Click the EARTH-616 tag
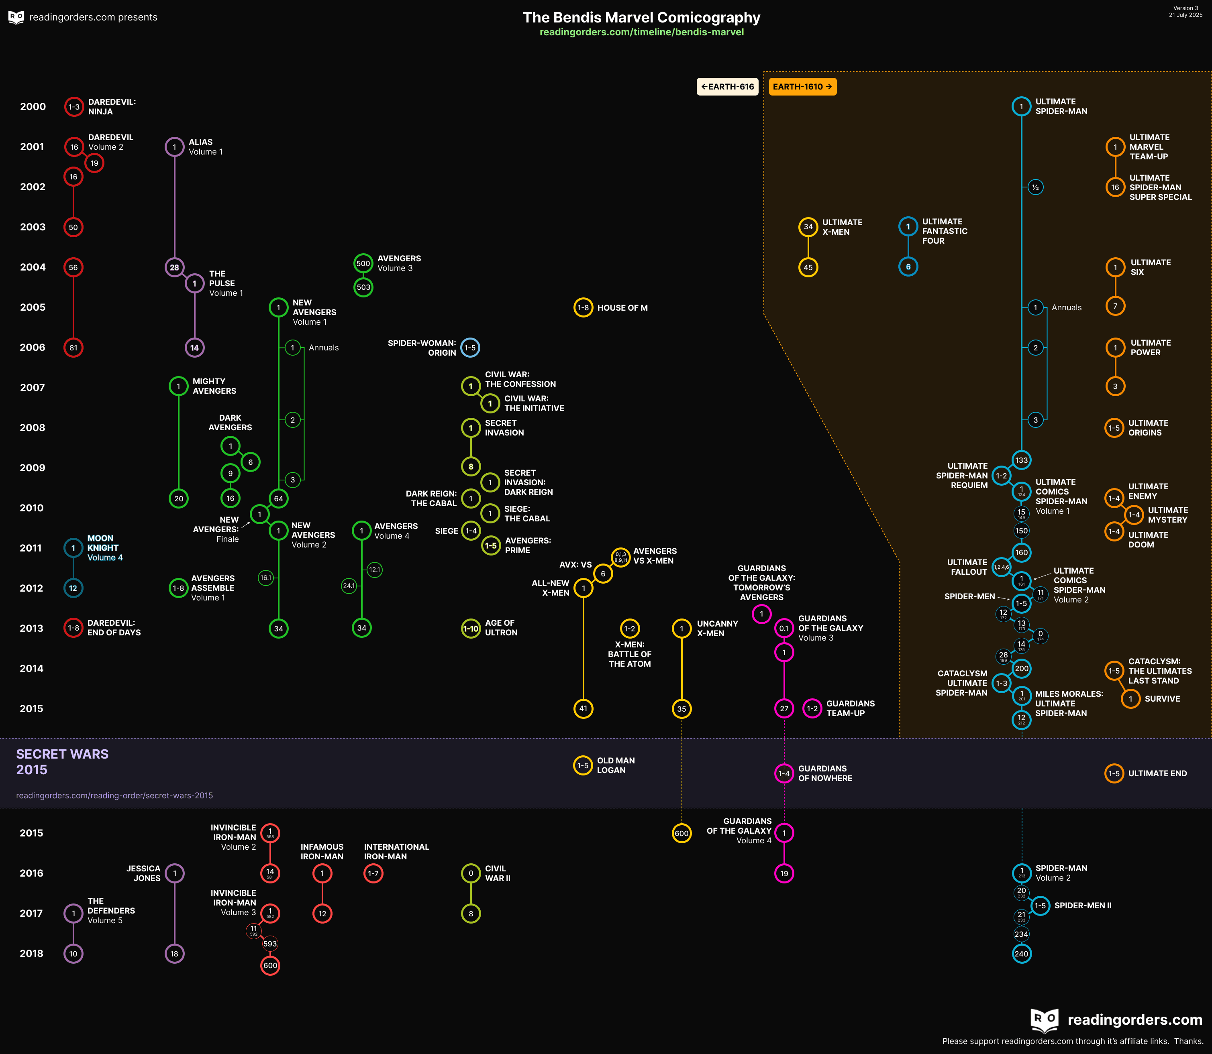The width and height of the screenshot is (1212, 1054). click(727, 86)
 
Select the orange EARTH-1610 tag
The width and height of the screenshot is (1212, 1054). click(802, 86)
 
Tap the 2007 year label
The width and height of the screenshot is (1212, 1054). click(33, 388)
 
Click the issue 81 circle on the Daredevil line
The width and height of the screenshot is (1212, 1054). click(73, 348)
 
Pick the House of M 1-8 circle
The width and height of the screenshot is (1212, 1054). click(583, 307)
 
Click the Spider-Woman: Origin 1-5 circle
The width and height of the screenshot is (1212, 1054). click(470, 348)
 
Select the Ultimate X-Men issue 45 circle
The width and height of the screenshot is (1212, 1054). click(808, 268)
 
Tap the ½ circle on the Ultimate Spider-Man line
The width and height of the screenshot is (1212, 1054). click(1035, 187)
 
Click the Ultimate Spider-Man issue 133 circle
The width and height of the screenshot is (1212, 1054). click(1021, 460)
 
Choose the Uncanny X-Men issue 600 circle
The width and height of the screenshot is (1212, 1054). click(681, 833)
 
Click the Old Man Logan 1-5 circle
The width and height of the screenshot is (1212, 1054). click(583, 765)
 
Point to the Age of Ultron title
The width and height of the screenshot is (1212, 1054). click(501, 628)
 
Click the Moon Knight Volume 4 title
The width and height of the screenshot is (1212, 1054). click(105, 547)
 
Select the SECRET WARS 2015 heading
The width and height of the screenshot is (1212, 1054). click(62, 762)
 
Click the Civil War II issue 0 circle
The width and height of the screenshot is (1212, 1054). click(471, 873)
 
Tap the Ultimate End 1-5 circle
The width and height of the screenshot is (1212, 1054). click(1114, 773)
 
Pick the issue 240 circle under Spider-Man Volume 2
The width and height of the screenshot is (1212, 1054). click(1021, 954)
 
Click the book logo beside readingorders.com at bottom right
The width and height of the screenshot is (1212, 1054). click(1044, 1020)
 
